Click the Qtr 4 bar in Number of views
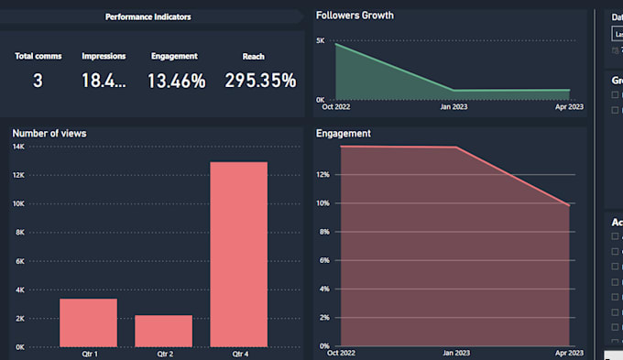238,255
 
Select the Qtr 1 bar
88,322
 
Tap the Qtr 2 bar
163,331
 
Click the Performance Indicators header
148,16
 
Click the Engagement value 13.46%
176,81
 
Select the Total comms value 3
38,81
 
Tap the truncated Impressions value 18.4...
104,81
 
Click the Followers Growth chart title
354,16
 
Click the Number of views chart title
49,134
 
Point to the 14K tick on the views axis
18,147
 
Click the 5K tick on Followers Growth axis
321,41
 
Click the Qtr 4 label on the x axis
238,354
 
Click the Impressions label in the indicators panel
104,56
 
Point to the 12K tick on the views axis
18,175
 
